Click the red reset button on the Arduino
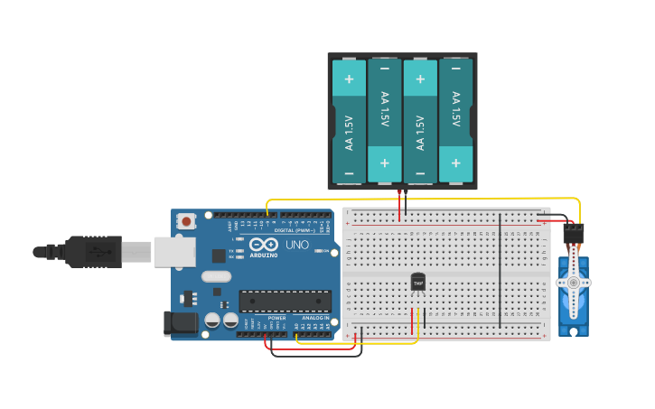point(186,220)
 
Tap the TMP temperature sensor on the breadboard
point(417,283)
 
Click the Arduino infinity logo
point(264,245)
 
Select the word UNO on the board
point(297,245)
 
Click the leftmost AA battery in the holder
point(349,121)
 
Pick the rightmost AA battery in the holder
point(455,121)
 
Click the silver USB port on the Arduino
point(174,252)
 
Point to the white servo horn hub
point(573,283)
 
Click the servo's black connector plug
point(574,232)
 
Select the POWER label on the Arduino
point(276,318)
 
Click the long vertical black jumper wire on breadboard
point(501,271)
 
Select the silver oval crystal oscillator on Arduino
point(216,277)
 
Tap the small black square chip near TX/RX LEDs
point(217,292)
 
